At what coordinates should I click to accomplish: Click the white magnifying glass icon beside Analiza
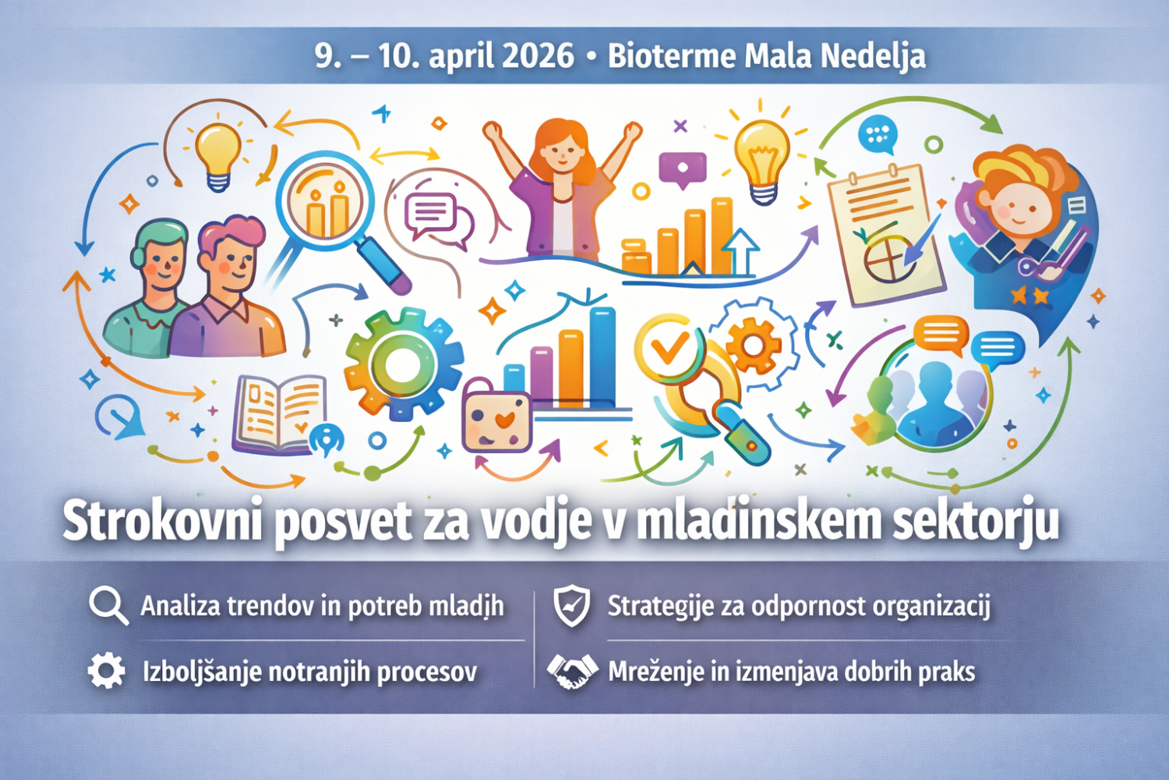pos(108,606)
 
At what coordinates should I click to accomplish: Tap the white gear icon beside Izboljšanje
pos(107,670)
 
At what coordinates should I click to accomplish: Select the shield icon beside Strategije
pos(571,606)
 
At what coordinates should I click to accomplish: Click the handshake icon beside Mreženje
pos(572,672)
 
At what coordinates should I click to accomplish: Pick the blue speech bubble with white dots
pos(879,135)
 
